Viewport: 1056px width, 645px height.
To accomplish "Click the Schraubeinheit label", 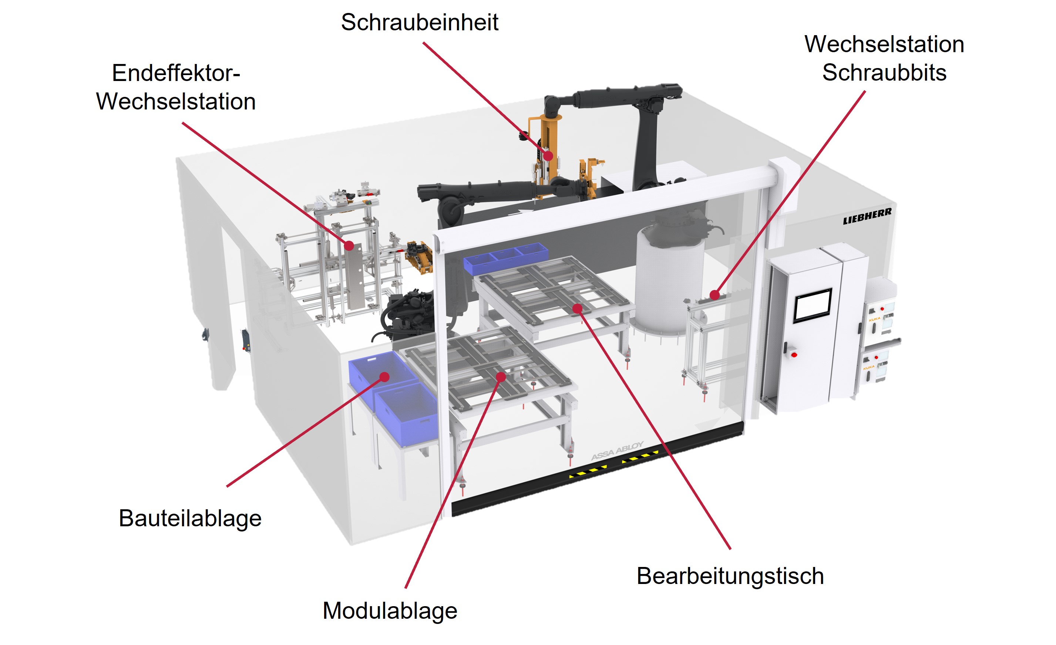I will click(419, 22).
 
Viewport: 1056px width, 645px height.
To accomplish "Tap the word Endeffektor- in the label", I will click(176, 73).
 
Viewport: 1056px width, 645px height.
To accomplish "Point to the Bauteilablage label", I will click(190, 518).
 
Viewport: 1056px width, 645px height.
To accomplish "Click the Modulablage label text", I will click(390, 610).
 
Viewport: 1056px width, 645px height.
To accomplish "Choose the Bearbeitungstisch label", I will click(730, 575).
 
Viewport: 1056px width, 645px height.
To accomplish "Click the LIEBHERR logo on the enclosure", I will click(867, 217).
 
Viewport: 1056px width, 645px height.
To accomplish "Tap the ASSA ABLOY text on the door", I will click(617, 450).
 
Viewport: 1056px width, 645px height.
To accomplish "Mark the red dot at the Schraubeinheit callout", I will click(548, 156).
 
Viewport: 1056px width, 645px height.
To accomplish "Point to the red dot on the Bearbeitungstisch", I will click(577, 308).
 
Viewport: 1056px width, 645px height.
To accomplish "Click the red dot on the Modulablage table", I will click(501, 377).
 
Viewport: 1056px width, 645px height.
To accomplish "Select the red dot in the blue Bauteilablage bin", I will click(384, 377).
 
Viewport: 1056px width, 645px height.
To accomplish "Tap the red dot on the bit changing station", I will click(714, 295).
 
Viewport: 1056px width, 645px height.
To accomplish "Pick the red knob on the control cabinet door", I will click(794, 355).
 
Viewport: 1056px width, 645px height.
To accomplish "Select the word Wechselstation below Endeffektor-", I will click(176, 101).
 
